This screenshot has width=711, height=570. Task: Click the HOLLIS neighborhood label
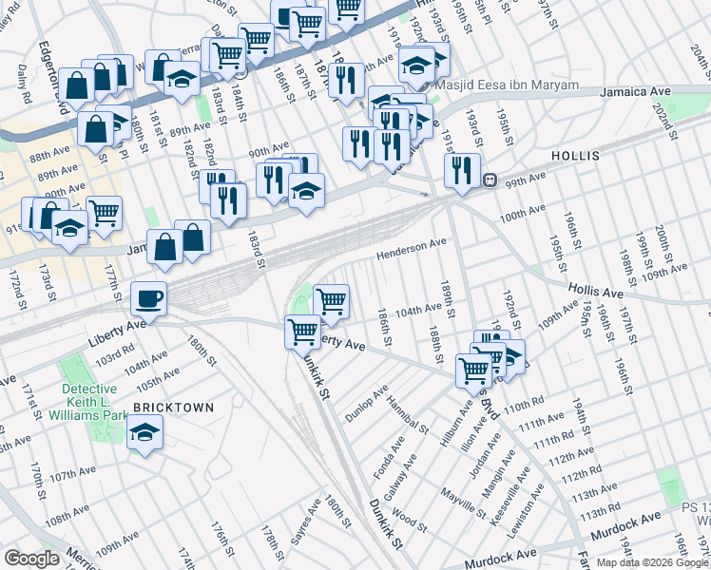pyautogui.click(x=572, y=154)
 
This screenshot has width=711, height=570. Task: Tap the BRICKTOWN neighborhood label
pyautogui.click(x=172, y=407)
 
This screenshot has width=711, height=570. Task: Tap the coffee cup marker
pyautogui.click(x=148, y=299)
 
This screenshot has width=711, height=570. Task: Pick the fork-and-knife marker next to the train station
pyautogui.click(x=462, y=169)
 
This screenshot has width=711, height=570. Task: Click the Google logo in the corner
pyautogui.click(x=32, y=558)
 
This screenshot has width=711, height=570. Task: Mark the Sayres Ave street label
pyautogui.click(x=303, y=522)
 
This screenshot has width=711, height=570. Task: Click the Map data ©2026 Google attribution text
pyautogui.click(x=651, y=562)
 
